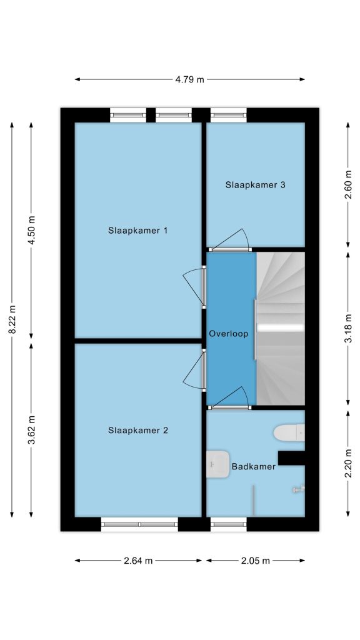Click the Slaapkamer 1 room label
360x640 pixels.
(138, 231)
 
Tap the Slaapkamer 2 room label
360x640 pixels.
(138, 430)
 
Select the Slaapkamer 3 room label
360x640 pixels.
(256, 185)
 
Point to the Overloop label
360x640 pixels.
(229, 334)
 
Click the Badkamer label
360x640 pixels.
(254, 466)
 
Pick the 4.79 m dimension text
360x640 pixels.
(190, 79)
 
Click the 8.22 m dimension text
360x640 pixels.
(12, 319)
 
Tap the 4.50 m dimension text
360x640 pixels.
(32, 230)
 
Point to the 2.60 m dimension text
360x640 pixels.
(348, 184)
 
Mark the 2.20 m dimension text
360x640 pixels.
(348, 463)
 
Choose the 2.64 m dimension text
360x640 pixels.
(138, 561)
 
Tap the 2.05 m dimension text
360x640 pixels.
(256, 561)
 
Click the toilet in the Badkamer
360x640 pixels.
(289, 433)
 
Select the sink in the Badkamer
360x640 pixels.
(217, 464)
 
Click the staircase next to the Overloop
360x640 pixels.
(281, 329)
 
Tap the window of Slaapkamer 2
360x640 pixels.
(139, 524)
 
